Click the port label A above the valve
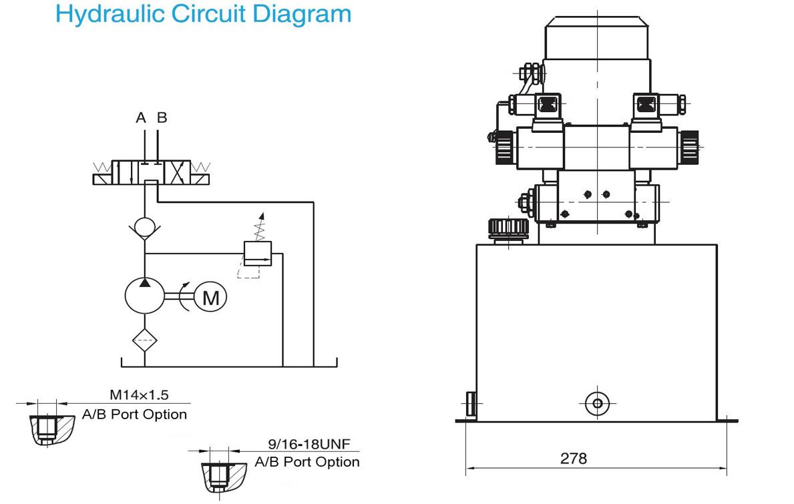(x=141, y=118)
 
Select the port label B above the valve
(x=162, y=118)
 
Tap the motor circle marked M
(x=210, y=297)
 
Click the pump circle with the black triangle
(x=145, y=296)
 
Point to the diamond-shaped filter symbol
(x=145, y=340)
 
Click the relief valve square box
(x=258, y=254)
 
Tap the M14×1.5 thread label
(x=140, y=395)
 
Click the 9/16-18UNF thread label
(x=309, y=445)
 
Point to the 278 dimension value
(x=573, y=459)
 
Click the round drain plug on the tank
(x=598, y=403)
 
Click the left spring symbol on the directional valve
(x=103, y=166)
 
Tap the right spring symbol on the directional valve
(x=200, y=166)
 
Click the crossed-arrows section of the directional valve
(x=178, y=172)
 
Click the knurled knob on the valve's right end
(x=688, y=147)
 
